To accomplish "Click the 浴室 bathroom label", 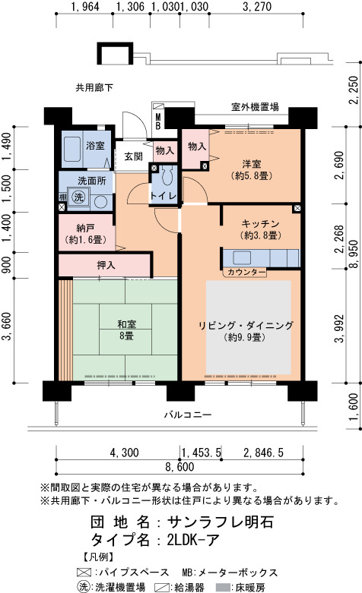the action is pyautogui.click(x=95, y=145).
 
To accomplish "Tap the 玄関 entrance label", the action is pyautogui.click(x=133, y=156).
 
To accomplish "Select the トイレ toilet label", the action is pyautogui.click(x=164, y=196).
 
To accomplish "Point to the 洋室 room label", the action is pyautogui.click(x=252, y=164).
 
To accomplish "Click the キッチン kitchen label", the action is pyautogui.click(x=261, y=223).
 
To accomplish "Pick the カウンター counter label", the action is pyautogui.click(x=246, y=272).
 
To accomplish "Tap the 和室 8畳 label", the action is pyautogui.click(x=126, y=330).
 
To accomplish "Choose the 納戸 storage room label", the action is pyautogui.click(x=85, y=228).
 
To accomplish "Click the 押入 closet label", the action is pyautogui.click(x=106, y=265).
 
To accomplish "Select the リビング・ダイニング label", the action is pyautogui.click(x=246, y=326).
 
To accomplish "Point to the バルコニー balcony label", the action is pyautogui.click(x=187, y=415).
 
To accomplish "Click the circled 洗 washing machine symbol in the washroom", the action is pyautogui.click(x=79, y=197).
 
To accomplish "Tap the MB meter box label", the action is pyautogui.click(x=157, y=121).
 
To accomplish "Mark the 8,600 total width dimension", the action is pyautogui.click(x=179, y=467).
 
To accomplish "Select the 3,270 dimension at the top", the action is pyautogui.click(x=256, y=7).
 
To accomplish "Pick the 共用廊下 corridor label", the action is pyautogui.click(x=94, y=88).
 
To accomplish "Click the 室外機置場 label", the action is pyautogui.click(x=255, y=107).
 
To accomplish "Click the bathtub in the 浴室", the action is pyautogui.click(x=71, y=149).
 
